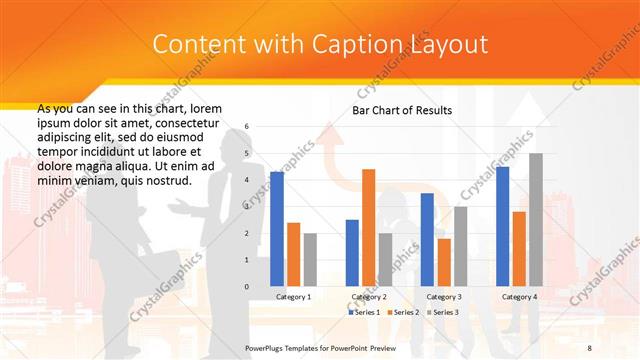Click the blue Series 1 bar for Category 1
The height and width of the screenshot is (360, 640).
click(x=277, y=230)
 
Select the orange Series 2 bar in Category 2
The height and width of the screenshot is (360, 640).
click(x=368, y=228)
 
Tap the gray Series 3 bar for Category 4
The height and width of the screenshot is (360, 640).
click(x=536, y=220)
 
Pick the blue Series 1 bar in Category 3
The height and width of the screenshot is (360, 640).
click(x=427, y=240)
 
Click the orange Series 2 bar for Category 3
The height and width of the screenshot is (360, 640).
click(x=444, y=262)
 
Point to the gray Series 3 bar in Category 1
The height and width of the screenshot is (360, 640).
click(x=310, y=260)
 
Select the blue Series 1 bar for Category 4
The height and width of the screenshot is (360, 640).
click(x=502, y=227)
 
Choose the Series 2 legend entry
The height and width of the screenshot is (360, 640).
click(x=403, y=312)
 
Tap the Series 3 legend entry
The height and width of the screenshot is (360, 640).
click(x=444, y=312)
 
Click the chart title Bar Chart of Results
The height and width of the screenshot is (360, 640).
click(x=402, y=110)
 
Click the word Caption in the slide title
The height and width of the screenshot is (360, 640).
click(x=362, y=45)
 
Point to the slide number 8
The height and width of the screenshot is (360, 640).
click(x=589, y=346)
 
